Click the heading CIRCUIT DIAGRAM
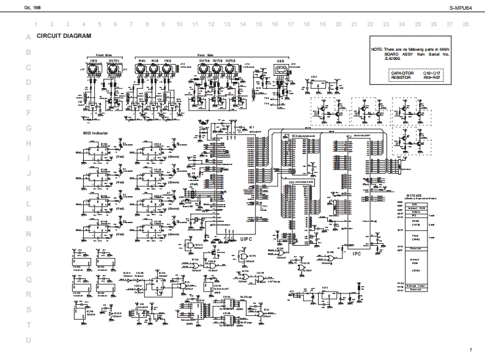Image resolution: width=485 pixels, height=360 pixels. point(64,36)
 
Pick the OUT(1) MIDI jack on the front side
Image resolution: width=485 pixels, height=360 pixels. point(114,71)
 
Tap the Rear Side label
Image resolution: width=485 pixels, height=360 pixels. point(205,55)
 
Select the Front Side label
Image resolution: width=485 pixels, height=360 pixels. point(103,55)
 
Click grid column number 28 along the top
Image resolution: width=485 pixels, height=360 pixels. point(465,24)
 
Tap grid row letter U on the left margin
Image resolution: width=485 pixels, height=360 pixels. point(28,340)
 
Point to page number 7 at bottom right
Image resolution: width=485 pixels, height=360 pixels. point(471,350)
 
